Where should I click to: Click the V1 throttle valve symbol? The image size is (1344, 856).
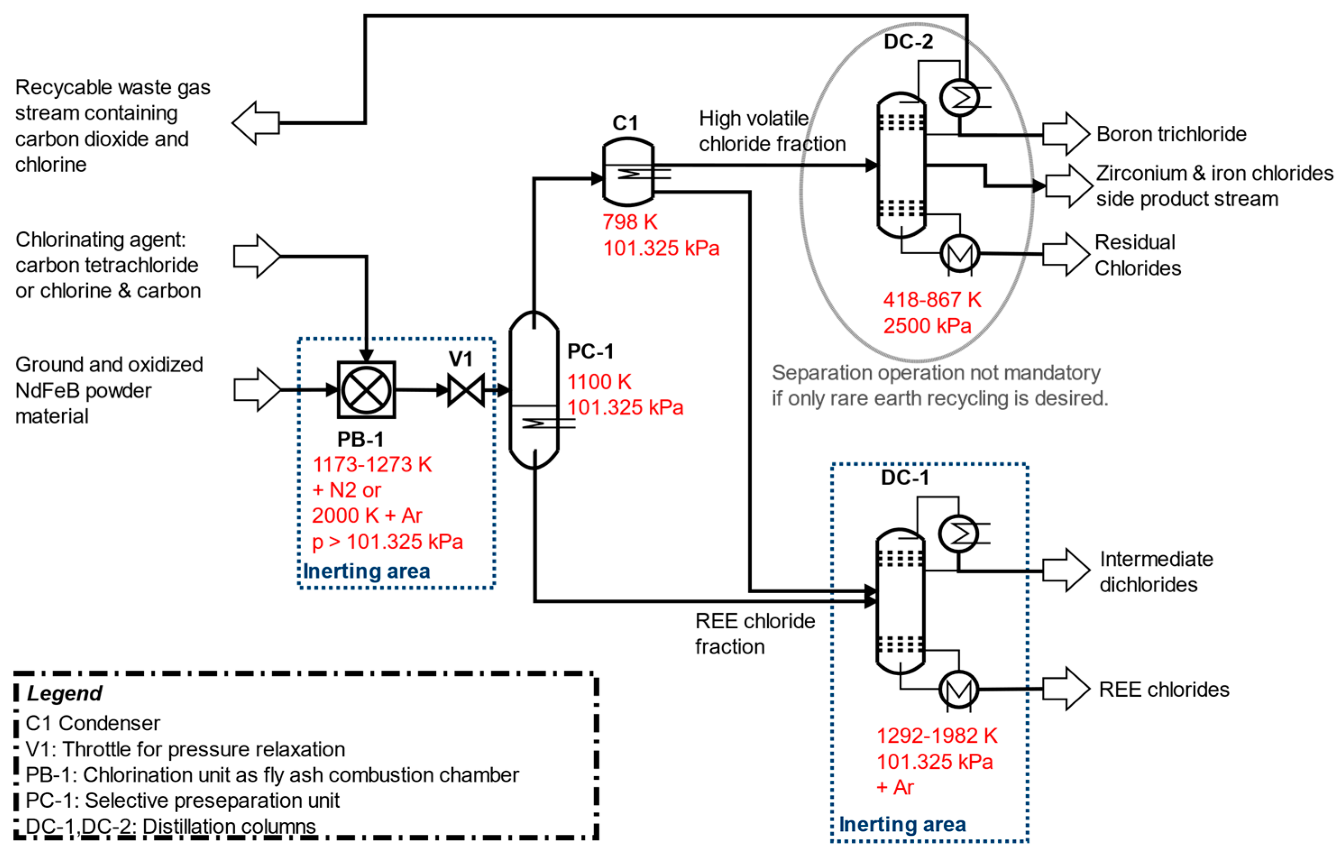pyautogui.click(x=466, y=389)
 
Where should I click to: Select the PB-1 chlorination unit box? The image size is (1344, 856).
pyautogui.click(x=366, y=389)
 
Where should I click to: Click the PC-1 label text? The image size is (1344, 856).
pyautogui.click(x=590, y=352)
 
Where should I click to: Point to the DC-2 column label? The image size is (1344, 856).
pyautogui.click(x=908, y=42)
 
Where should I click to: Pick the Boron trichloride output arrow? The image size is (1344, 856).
pyautogui.click(x=1065, y=134)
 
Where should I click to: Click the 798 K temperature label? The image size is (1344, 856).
pyautogui.click(x=629, y=222)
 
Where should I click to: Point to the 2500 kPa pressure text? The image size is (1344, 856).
pyautogui.click(x=927, y=325)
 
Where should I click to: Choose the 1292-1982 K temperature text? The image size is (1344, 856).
pyautogui.click(x=936, y=736)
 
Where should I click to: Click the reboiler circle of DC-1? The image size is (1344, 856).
pyautogui.click(x=959, y=690)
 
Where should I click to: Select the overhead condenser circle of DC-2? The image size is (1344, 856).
pyautogui.click(x=959, y=98)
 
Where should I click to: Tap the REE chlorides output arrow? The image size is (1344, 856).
pyautogui.click(x=1065, y=689)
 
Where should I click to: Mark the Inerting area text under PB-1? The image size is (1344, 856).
pyautogui.click(x=366, y=572)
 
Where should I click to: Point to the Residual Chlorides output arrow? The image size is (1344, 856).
pyautogui.click(x=1065, y=255)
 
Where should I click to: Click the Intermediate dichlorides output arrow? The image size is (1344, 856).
pyautogui.click(x=1065, y=570)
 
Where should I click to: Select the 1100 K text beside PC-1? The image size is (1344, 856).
pyautogui.click(x=599, y=382)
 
